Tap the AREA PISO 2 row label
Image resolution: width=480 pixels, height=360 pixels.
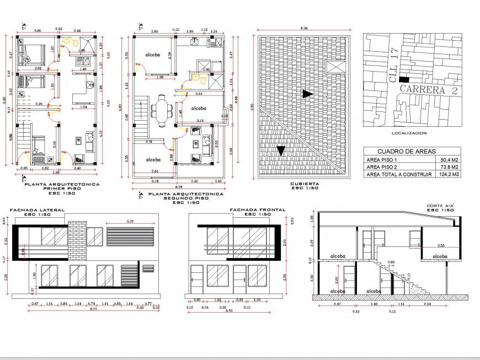[x=384, y=167]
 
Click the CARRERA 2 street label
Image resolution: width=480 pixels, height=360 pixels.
[x=428, y=89]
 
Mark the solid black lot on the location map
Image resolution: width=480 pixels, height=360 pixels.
[x=405, y=80]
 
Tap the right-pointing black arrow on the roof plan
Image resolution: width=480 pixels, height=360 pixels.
[x=307, y=94]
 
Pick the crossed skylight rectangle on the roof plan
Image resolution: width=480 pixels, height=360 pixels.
[x=334, y=67]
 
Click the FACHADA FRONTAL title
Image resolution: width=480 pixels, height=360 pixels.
[x=257, y=210]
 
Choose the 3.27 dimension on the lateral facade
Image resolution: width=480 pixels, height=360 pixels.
[x=130, y=221]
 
